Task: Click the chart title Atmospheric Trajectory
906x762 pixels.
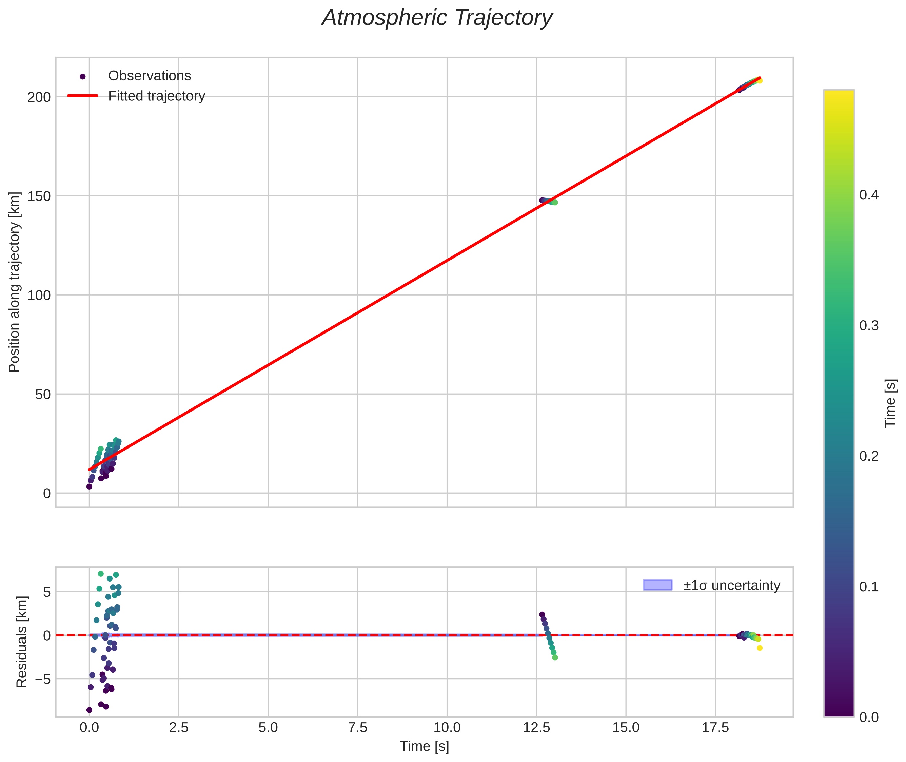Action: click(437, 18)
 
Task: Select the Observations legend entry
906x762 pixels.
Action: click(149, 76)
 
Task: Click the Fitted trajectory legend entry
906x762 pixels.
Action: click(156, 96)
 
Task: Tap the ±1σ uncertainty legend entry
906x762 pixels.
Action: click(731, 585)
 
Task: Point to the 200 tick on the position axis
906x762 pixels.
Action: click(39, 97)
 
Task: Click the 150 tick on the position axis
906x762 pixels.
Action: click(39, 196)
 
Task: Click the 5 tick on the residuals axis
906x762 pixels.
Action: click(46, 592)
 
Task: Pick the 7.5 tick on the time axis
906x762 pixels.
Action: click(357, 728)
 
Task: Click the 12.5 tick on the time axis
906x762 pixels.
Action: click(536, 728)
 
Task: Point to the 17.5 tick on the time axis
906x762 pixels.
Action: click(715, 728)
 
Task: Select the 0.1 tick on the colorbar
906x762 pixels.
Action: click(868, 587)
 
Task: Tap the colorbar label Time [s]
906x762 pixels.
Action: click(890, 403)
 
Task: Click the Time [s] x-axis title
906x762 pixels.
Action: click(424, 746)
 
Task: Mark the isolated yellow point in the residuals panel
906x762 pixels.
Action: click(760, 648)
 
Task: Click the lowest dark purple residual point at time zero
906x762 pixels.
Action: click(90, 710)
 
